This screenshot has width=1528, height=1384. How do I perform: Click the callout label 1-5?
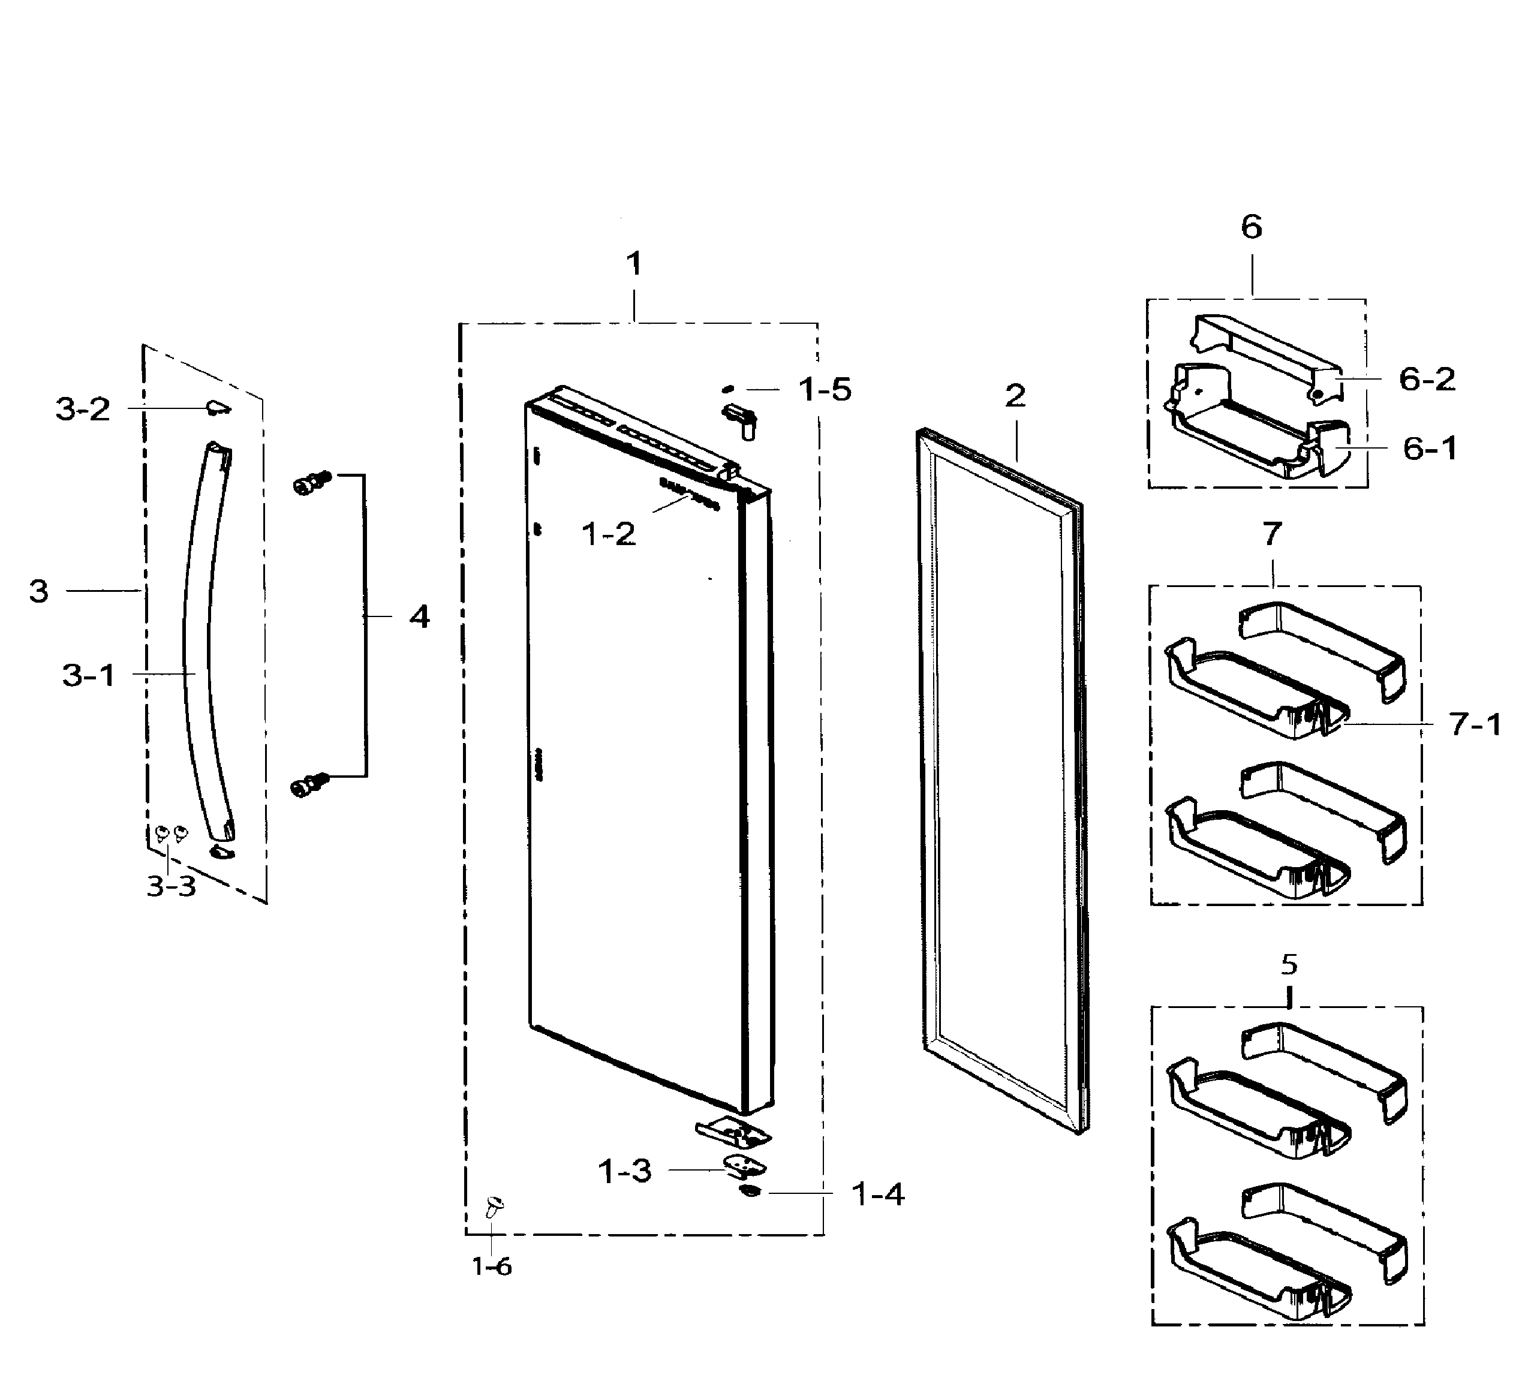click(825, 390)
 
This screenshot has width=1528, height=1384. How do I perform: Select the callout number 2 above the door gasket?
click(1016, 396)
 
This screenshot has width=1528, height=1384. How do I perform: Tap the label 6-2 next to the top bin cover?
click(1427, 379)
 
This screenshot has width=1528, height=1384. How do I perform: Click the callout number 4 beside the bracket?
click(419, 617)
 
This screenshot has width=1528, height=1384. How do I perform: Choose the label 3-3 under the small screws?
click(172, 885)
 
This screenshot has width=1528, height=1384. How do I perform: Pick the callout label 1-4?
click(879, 1195)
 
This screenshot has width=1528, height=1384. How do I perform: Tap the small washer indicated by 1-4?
click(750, 1192)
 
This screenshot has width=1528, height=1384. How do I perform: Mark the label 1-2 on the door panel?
click(609, 534)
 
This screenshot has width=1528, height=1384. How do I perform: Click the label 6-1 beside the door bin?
click(1430, 449)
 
